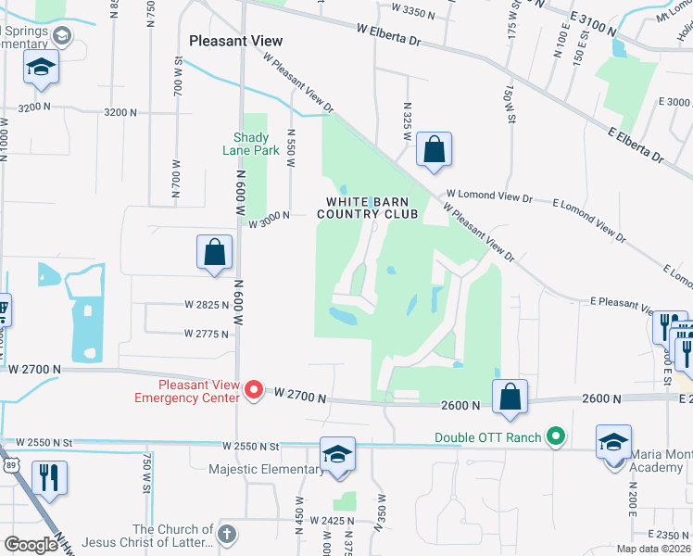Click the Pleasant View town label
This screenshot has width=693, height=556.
click(235, 41)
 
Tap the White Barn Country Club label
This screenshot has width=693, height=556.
click(368, 208)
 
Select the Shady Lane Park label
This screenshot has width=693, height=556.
click(250, 145)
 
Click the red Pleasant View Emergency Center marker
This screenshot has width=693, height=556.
click(255, 392)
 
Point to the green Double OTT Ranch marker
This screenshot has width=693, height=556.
click(555, 435)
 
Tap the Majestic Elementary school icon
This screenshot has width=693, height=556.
click(337, 455)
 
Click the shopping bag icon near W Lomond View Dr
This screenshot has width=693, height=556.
click(434, 150)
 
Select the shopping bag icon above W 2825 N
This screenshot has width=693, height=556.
click(214, 252)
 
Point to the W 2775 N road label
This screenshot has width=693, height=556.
click(207, 334)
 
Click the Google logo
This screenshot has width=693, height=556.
click(31, 545)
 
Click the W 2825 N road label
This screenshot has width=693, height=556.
click(207, 304)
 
